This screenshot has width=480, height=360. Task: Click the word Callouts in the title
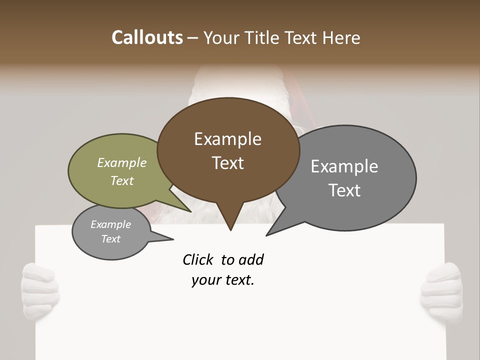coord(147,37)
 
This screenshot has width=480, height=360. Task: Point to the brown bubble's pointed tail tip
coord(230,230)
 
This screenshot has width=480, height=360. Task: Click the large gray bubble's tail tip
coord(266,235)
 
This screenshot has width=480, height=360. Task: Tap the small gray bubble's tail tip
coord(173,239)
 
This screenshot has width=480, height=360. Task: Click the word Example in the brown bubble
coord(228,139)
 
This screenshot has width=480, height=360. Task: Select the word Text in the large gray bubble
coord(344,190)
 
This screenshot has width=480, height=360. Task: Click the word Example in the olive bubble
coord(122,163)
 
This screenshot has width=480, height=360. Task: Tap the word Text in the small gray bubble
coord(111,239)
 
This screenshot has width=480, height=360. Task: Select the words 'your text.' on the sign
coord(223,280)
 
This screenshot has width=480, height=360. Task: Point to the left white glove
coord(40,290)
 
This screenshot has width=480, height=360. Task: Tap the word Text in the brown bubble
coord(228,163)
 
